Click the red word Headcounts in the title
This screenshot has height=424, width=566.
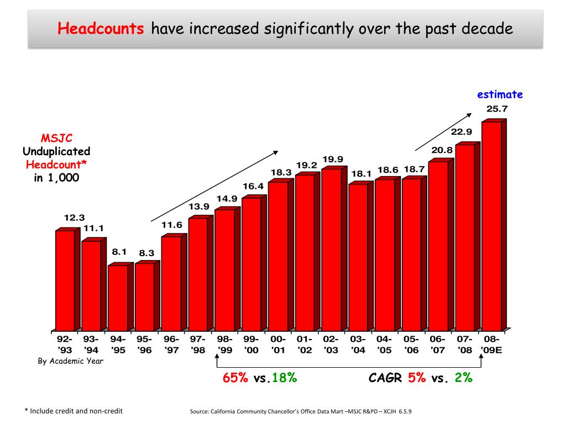pos(101,28)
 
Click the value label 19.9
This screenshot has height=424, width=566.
pos(333,160)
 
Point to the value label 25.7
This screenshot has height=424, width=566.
pos(497,109)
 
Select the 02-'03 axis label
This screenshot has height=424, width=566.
pos(331,344)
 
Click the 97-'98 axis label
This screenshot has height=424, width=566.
pos(198,344)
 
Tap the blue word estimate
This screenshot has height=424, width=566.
pos(500,94)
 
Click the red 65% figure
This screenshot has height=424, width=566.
pos(235,378)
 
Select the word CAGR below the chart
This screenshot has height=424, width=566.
pos(386,378)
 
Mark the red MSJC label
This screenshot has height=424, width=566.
pos(56,138)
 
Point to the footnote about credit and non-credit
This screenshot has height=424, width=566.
pos(74,411)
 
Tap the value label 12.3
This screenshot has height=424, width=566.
pos(74,218)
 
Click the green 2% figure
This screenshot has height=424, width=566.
pos(463,378)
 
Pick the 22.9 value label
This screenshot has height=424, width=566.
pos(462,131)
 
